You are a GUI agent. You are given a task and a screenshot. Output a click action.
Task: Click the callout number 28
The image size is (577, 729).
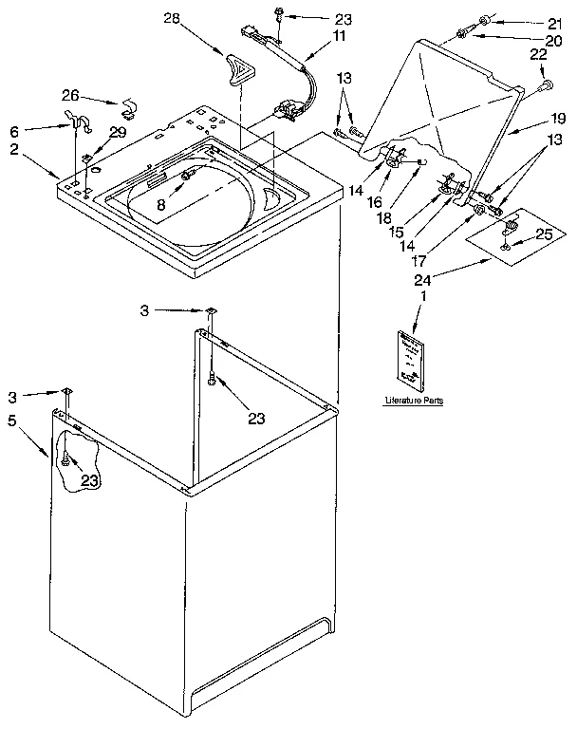click(172, 18)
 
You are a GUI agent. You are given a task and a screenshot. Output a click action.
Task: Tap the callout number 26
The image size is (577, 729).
click(72, 94)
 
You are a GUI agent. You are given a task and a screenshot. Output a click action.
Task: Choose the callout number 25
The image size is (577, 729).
click(543, 233)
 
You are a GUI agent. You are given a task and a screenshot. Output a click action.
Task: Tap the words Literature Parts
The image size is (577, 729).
click(414, 402)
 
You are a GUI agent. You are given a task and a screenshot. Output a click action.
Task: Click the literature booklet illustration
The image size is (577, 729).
click(412, 359)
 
